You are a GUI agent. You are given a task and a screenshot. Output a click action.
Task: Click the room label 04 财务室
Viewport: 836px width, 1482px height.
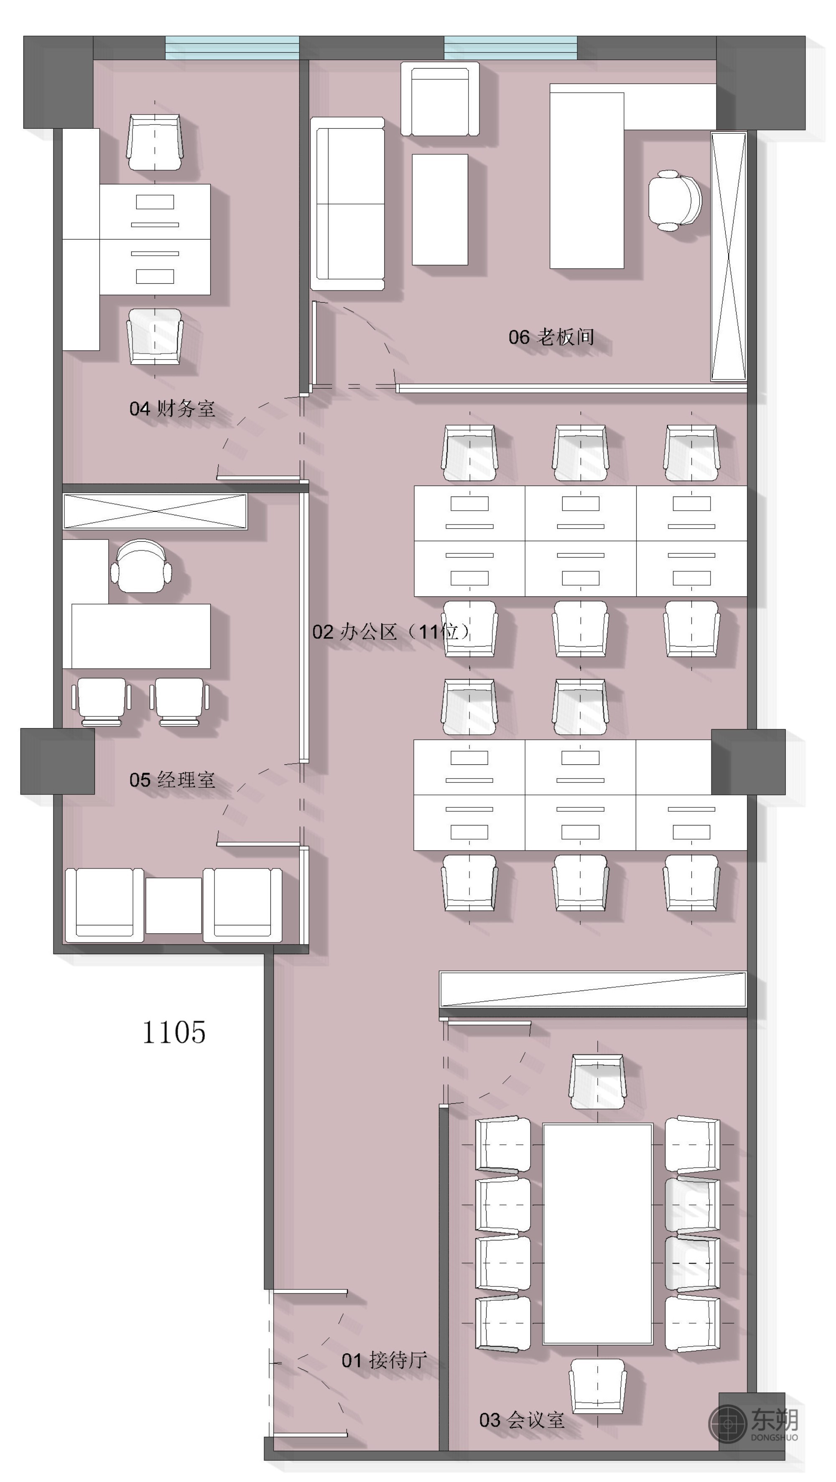tap(172, 408)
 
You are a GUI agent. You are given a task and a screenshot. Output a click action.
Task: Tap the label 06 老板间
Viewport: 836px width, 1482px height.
tap(551, 336)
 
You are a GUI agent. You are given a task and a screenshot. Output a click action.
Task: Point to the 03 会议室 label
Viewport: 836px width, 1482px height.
tap(522, 1419)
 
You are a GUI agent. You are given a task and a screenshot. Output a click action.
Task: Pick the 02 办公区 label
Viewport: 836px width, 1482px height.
tap(354, 632)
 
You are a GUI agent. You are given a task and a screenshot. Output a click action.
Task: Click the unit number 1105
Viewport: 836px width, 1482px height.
tap(174, 1032)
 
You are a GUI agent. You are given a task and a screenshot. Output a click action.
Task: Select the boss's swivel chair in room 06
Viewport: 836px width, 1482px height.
tap(674, 201)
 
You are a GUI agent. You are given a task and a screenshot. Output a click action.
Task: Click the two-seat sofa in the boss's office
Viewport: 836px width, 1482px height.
tap(347, 204)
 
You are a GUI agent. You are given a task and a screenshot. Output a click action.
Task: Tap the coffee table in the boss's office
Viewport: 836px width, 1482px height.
tap(440, 209)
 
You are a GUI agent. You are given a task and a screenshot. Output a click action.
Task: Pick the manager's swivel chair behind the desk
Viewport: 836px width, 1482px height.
tap(141, 565)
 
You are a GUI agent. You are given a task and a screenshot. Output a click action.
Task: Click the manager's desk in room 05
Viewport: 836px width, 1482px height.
tap(140, 636)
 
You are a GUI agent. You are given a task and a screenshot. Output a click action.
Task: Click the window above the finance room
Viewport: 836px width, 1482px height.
tap(232, 48)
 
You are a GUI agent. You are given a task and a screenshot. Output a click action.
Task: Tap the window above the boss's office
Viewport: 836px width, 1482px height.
tap(510, 48)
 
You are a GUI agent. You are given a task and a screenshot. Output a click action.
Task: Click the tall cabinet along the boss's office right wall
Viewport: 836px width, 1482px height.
tap(729, 256)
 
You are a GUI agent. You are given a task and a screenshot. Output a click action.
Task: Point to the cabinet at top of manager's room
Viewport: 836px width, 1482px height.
tap(155, 511)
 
